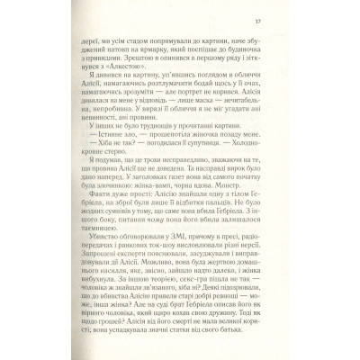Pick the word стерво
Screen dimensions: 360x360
coord(121,172)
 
